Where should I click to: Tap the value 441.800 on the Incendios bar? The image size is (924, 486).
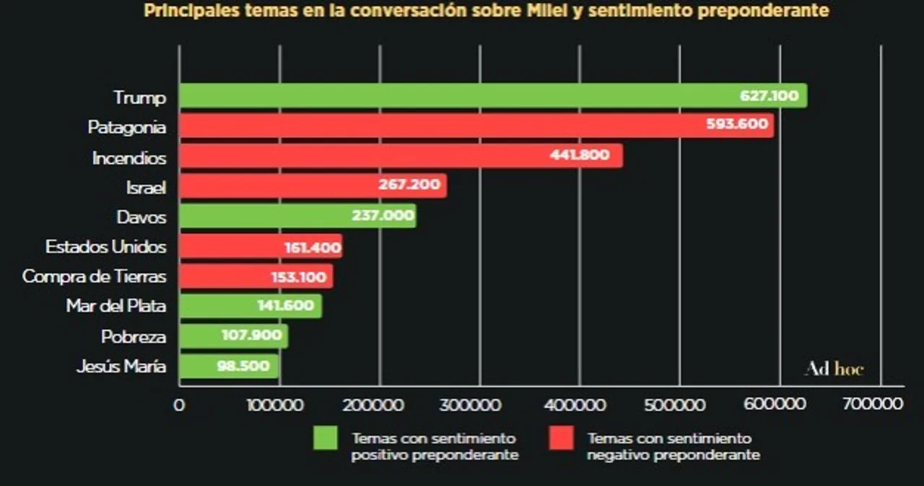[x=580, y=155]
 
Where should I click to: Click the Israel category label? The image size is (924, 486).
[x=146, y=187]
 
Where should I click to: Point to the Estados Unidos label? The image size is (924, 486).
[x=105, y=247]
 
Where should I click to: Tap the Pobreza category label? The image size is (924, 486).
[x=134, y=337]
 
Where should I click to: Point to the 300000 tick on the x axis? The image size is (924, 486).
[x=480, y=404]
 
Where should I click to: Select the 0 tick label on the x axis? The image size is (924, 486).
[x=179, y=404]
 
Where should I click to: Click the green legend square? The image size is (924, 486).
[x=325, y=438]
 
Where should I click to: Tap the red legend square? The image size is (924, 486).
[x=561, y=438]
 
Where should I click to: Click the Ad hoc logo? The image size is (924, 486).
[x=834, y=369]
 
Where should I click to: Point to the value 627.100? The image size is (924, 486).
[x=769, y=96]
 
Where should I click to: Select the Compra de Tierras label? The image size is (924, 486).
[x=95, y=277]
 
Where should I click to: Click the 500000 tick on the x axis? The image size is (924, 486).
[x=679, y=404]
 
